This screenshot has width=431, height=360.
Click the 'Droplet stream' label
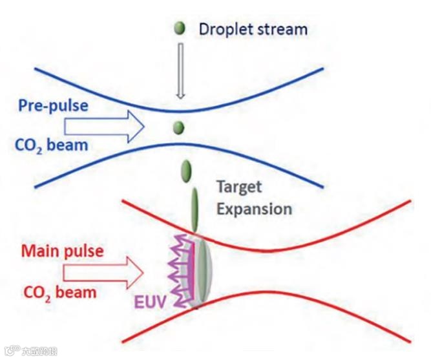253,29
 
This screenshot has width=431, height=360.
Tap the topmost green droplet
180,28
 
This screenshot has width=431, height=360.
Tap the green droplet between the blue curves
179,127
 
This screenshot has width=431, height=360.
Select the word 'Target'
240,187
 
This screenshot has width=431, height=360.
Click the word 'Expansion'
254,209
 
